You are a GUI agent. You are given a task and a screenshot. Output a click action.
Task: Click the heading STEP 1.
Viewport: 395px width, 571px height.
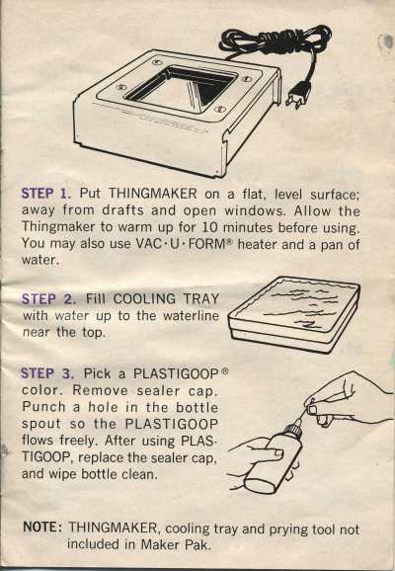(x=46, y=193)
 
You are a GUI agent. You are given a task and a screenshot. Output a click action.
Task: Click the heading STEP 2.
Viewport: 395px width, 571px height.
(x=48, y=299)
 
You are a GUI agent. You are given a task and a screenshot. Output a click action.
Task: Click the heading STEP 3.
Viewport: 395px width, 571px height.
(x=47, y=373)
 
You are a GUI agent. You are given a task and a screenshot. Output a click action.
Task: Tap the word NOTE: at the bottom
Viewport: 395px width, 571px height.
(x=42, y=527)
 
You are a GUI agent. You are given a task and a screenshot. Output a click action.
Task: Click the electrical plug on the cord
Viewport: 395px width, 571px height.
(x=299, y=96)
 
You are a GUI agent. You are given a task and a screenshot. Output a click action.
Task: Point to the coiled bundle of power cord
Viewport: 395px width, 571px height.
(x=275, y=41)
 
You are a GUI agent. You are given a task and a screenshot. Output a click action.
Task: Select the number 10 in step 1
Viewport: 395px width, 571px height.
(x=208, y=227)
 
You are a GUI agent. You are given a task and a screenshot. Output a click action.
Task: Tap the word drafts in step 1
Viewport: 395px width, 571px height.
(x=122, y=210)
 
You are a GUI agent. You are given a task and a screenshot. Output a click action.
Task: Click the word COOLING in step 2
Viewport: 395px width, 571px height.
(x=144, y=299)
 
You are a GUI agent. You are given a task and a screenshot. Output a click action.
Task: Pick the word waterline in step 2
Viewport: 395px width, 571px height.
(x=191, y=315)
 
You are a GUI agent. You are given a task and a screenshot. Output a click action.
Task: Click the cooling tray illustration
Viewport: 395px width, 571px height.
(x=293, y=314)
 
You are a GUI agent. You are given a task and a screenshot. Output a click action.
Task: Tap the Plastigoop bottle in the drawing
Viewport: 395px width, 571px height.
(x=275, y=458)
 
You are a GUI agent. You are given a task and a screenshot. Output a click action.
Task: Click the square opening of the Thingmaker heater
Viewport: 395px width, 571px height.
(x=181, y=89)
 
